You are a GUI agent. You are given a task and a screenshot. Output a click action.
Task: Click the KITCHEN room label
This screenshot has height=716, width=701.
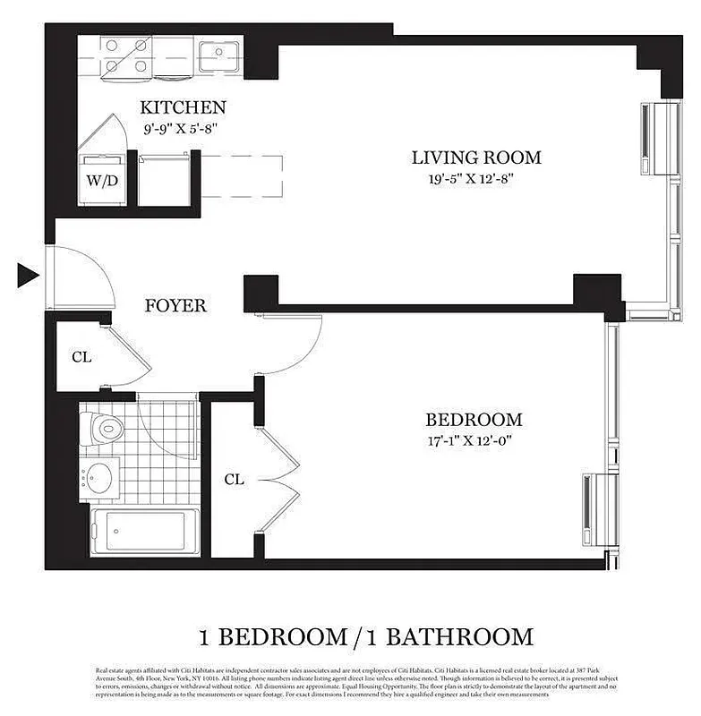183,107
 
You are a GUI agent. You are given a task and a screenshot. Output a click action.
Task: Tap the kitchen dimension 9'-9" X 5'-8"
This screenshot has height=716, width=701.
182,128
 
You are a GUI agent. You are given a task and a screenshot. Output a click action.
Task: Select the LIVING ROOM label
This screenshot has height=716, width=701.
476,158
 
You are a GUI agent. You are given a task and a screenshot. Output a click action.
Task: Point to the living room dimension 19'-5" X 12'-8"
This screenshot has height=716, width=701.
476,178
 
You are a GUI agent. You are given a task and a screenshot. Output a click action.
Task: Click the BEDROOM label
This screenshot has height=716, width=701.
474,419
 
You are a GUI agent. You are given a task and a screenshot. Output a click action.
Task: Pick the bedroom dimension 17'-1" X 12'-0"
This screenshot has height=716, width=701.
474,439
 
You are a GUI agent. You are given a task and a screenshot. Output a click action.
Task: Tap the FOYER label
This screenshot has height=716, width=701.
175,305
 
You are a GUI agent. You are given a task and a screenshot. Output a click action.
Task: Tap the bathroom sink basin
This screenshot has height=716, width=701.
100,477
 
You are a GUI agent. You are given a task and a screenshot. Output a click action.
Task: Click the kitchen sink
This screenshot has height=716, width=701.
218,50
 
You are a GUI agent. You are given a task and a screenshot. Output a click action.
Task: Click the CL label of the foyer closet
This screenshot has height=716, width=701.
81,356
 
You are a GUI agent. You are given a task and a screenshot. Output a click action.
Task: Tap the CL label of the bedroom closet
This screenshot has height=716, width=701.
234,479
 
